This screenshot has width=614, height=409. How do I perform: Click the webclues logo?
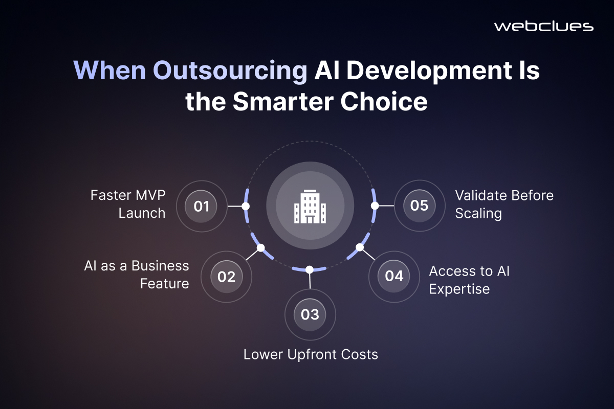(x=544, y=27)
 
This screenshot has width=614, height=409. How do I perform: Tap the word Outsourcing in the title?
(x=230, y=71)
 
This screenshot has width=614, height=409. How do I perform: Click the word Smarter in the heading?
(x=283, y=102)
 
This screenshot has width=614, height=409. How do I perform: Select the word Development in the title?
(x=428, y=71)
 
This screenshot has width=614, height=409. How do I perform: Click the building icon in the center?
(x=310, y=206)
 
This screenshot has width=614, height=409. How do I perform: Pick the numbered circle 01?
(x=201, y=206)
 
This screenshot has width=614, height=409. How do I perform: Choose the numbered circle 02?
(x=226, y=277)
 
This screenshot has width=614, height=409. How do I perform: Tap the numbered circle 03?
(x=310, y=314)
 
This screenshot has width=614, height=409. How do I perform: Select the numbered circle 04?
(x=394, y=276)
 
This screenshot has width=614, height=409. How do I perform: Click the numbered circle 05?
(x=420, y=206)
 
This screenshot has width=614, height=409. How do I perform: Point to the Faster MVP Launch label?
(x=128, y=204)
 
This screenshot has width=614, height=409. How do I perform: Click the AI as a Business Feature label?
(x=137, y=275)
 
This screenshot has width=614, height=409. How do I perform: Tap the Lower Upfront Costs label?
(x=311, y=354)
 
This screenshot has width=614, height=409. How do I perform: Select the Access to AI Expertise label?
(x=469, y=280)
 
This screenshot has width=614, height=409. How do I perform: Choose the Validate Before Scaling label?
(x=505, y=204)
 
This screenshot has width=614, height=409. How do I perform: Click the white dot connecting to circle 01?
(x=246, y=206)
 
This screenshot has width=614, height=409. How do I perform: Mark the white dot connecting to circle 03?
(x=310, y=269)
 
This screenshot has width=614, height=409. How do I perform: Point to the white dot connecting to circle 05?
(x=375, y=206)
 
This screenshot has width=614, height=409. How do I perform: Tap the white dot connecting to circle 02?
(x=260, y=248)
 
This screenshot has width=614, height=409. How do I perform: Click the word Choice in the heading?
(x=384, y=102)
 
